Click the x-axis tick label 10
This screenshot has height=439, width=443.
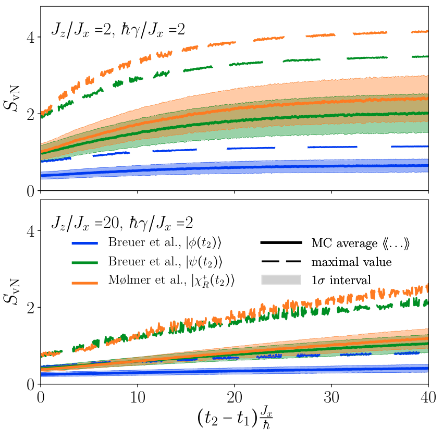point(138,397)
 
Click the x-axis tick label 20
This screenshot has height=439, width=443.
point(235,397)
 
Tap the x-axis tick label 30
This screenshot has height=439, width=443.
point(331,397)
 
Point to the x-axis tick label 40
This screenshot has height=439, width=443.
point(428,397)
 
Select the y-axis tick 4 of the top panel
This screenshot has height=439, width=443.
point(31,37)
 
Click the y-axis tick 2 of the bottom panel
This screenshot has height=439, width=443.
point(31,308)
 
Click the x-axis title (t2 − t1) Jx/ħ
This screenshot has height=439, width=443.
point(235,418)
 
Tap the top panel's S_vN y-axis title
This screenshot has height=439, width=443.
point(11,99)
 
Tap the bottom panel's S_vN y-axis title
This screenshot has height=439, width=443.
point(11,292)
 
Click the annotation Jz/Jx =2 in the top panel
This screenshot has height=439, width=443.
point(81,29)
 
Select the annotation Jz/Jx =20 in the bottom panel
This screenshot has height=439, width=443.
point(85,223)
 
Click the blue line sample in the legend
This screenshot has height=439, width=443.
point(85,243)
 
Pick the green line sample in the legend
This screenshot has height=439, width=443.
point(85,263)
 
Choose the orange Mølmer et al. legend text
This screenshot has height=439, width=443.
point(171,281)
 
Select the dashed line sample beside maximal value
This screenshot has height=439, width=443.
point(281,262)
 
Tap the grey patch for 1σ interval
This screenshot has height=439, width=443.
point(281,279)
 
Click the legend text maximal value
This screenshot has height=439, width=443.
point(351,262)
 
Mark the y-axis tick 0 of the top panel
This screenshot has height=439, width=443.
point(31,191)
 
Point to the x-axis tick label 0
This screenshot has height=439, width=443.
point(41,397)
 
